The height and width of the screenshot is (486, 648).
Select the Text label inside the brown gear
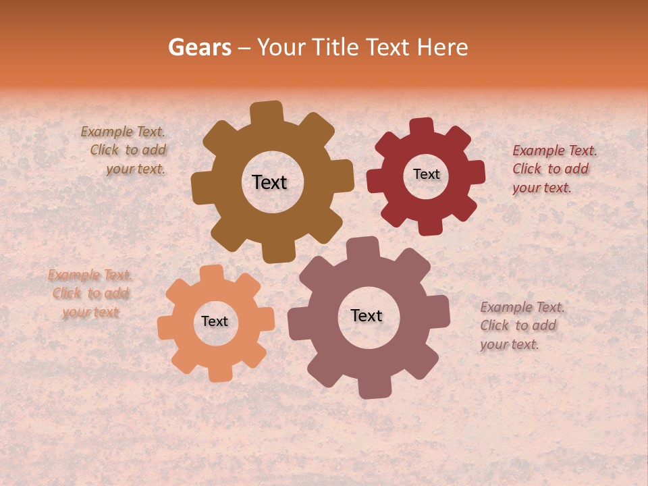tap(269, 182)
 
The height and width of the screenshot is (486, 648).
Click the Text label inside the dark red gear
tap(426, 174)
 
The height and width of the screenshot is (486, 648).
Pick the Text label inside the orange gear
tap(215, 321)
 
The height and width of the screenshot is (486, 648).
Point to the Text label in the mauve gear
tap(367, 315)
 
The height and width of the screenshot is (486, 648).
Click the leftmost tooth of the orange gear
tap(167, 327)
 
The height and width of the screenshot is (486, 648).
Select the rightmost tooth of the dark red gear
tap(475, 172)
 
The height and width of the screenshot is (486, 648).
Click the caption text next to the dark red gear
tap(553, 169)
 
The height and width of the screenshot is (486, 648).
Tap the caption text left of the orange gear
tap(90, 294)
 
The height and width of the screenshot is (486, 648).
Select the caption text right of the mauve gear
tap(521, 325)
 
